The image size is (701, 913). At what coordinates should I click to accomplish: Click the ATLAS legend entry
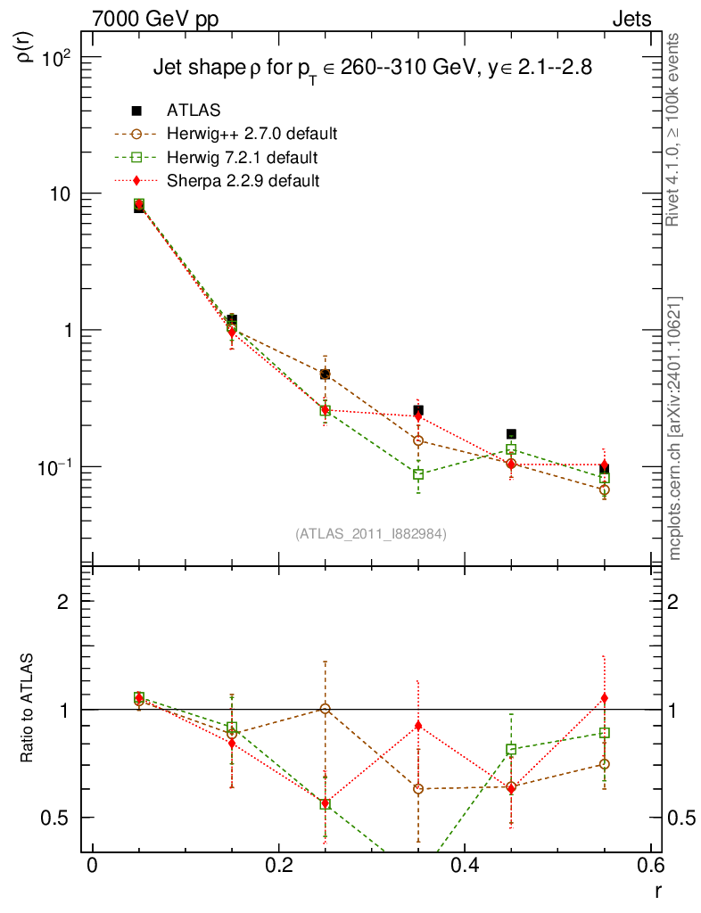click(194, 111)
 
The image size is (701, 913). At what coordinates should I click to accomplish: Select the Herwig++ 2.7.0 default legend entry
click(252, 135)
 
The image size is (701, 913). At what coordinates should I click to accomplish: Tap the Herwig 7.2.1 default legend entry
click(242, 158)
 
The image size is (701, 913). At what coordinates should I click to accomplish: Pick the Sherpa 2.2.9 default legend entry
click(243, 181)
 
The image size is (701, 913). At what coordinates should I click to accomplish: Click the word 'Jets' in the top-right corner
click(631, 19)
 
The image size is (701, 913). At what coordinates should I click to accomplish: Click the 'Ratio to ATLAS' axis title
click(28, 709)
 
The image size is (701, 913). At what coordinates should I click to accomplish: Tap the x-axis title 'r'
click(658, 889)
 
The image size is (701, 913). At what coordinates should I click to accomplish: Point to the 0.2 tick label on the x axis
click(279, 866)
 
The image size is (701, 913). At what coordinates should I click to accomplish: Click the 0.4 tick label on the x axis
click(465, 866)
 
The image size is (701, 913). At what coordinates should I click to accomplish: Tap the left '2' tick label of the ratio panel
click(63, 601)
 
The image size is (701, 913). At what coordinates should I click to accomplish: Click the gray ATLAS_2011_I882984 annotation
click(371, 533)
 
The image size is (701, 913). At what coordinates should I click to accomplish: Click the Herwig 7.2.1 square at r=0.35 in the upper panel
click(418, 474)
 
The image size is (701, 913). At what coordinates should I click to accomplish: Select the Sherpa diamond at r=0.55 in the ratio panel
click(604, 698)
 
